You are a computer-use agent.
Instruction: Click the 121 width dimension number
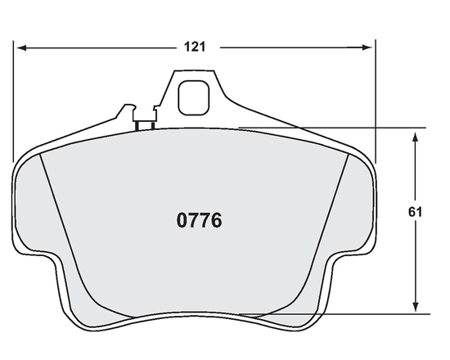tap(194, 47)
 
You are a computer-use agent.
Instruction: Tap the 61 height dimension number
tap(415, 212)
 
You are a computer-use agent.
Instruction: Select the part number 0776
tap(200, 220)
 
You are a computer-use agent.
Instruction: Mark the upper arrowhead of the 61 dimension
tap(416, 133)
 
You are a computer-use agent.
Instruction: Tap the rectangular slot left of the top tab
tap(146, 124)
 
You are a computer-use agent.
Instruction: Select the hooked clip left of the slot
tap(127, 111)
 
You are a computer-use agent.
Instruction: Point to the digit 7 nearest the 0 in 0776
tap(194, 220)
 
